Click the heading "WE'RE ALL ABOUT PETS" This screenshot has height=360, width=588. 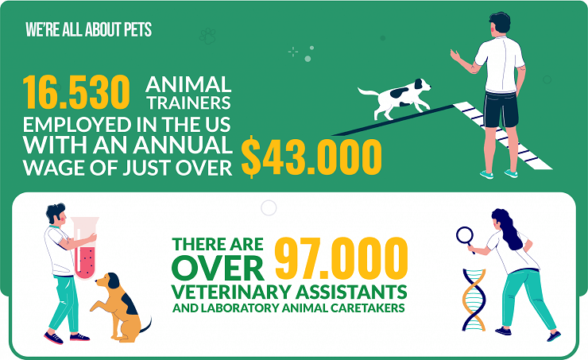(88, 29)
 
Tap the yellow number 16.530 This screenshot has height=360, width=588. (76, 92)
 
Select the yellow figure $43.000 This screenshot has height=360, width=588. (311, 157)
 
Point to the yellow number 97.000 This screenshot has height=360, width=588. (341, 259)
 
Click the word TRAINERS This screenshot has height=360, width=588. (189, 103)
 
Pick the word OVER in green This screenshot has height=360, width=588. (218, 268)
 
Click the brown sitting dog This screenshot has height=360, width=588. (119, 308)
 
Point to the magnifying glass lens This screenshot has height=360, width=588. (465, 235)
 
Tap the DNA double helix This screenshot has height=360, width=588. (474, 300)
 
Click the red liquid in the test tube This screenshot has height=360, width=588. (85, 260)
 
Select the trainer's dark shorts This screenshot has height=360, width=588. (501, 110)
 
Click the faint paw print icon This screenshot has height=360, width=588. (207, 36)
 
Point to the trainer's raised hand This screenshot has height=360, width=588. (455, 55)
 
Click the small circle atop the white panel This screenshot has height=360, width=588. (269, 207)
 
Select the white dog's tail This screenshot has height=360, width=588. (368, 92)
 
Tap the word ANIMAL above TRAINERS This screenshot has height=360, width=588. (188, 85)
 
